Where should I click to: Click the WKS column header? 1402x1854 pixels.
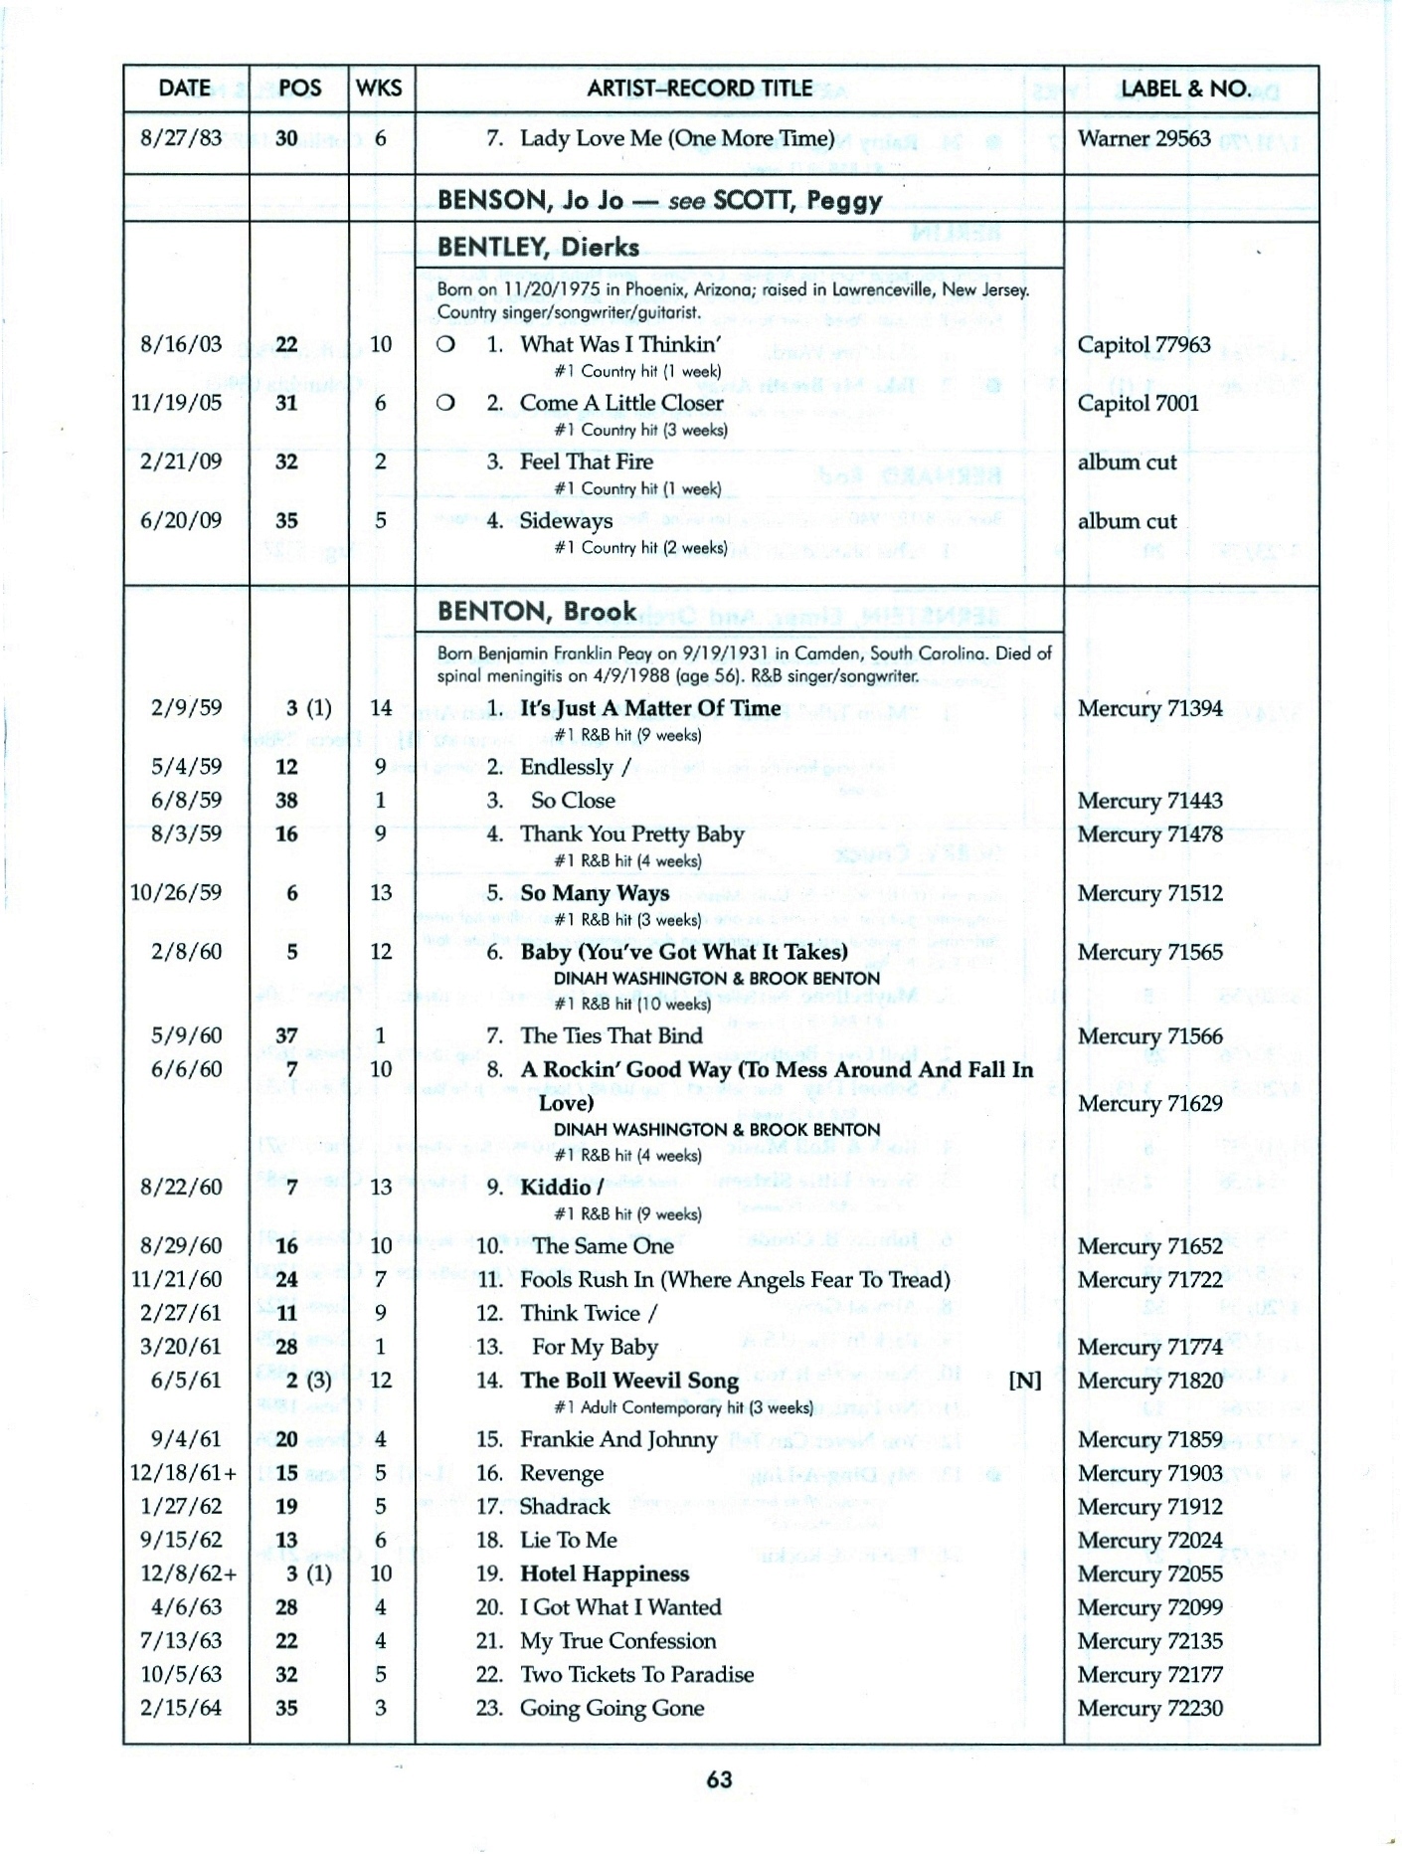click(379, 89)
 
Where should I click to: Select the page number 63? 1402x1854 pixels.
click(719, 1779)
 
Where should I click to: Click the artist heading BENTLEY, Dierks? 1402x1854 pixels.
click(538, 247)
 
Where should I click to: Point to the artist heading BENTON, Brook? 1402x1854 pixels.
click(536, 611)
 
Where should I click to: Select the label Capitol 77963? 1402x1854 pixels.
click(1143, 345)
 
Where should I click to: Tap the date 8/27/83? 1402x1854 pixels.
click(181, 138)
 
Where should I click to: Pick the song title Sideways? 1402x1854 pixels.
click(566, 521)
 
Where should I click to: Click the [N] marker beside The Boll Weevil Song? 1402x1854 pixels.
click(1024, 1381)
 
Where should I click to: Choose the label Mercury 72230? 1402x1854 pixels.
click(1149, 1708)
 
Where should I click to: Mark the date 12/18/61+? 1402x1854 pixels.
click(184, 1473)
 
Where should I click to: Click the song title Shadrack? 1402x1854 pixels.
click(565, 1507)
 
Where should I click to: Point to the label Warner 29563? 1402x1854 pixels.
click(1143, 138)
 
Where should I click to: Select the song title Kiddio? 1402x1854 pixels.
click(558, 1187)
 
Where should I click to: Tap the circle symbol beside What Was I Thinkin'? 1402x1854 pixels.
click(446, 345)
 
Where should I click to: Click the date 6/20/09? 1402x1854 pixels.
click(181, 521)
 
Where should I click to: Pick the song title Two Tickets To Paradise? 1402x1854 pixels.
click(636, 1674)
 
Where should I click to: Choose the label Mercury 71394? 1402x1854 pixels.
click(1149, 708)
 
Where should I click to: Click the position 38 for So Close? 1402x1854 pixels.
click(286, 801)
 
